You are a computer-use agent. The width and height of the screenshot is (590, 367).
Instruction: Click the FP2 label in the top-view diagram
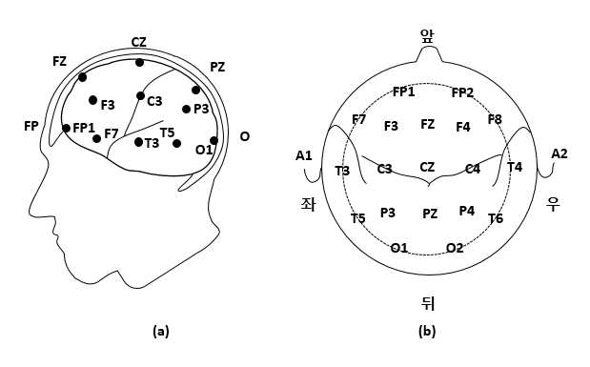[x=462, y=92]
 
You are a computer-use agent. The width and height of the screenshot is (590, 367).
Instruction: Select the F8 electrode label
[x=495, y=119]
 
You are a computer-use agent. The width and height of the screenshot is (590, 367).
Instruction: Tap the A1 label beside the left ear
[x=304, y=155]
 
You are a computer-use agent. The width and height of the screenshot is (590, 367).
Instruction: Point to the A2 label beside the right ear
[x=559, y=153]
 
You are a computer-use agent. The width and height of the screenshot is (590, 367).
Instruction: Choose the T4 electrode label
[x=515, y=167]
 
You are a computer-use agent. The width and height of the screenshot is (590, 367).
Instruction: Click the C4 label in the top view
[x=473, y=169]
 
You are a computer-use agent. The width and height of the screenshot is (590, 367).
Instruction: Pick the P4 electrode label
[x=467, y=211]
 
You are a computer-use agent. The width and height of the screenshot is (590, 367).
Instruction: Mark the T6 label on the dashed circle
[x=496, y=218]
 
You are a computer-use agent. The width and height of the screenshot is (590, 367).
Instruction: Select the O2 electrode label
[x=455, y=248]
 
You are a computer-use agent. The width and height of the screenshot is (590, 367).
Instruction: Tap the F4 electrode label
[x=463, y=127]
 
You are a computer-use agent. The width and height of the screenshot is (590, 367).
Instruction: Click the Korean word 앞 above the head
[x=427, y=36]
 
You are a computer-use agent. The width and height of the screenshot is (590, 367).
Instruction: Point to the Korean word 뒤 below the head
[x=428, y=303]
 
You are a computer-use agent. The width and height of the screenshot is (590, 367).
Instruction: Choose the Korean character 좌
[x=308, y=204]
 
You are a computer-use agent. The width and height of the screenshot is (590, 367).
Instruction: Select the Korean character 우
[x=553, y=204]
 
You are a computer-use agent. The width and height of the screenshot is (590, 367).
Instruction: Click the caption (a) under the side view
[x=161, y=331]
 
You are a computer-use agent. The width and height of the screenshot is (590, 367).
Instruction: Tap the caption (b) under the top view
[x=427, y=331]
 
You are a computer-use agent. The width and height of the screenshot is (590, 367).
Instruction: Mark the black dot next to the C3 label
[x=140, y=96]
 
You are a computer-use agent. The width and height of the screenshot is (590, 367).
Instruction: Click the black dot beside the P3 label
[x=186, y=110]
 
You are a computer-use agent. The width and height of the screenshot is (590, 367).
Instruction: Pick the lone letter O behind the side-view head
[x=245, y=136]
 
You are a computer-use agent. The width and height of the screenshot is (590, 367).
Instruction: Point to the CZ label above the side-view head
[x=139, y=42]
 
